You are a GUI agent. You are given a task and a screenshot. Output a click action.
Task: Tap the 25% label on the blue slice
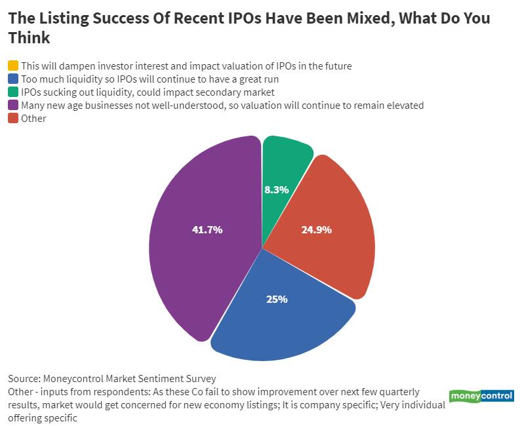[x=277, y=299]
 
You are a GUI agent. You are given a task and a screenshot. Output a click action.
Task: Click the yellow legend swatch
[x=13, y=66]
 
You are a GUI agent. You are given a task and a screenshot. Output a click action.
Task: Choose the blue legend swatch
[x=13, y=79]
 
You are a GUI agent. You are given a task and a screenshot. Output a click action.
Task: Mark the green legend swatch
[x=13, y=92]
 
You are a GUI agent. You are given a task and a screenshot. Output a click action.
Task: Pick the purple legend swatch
[x=13, y=105]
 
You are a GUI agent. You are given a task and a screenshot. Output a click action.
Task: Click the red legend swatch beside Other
[x=13, y=118]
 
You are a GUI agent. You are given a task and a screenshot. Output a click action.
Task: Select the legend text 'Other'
[x=33, y=118]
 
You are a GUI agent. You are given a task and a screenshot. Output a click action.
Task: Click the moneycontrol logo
[x=481, y=396]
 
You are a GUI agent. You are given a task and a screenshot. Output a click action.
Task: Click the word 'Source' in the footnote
[x=24, y=379]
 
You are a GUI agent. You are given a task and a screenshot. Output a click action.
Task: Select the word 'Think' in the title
[x=29, y=38]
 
